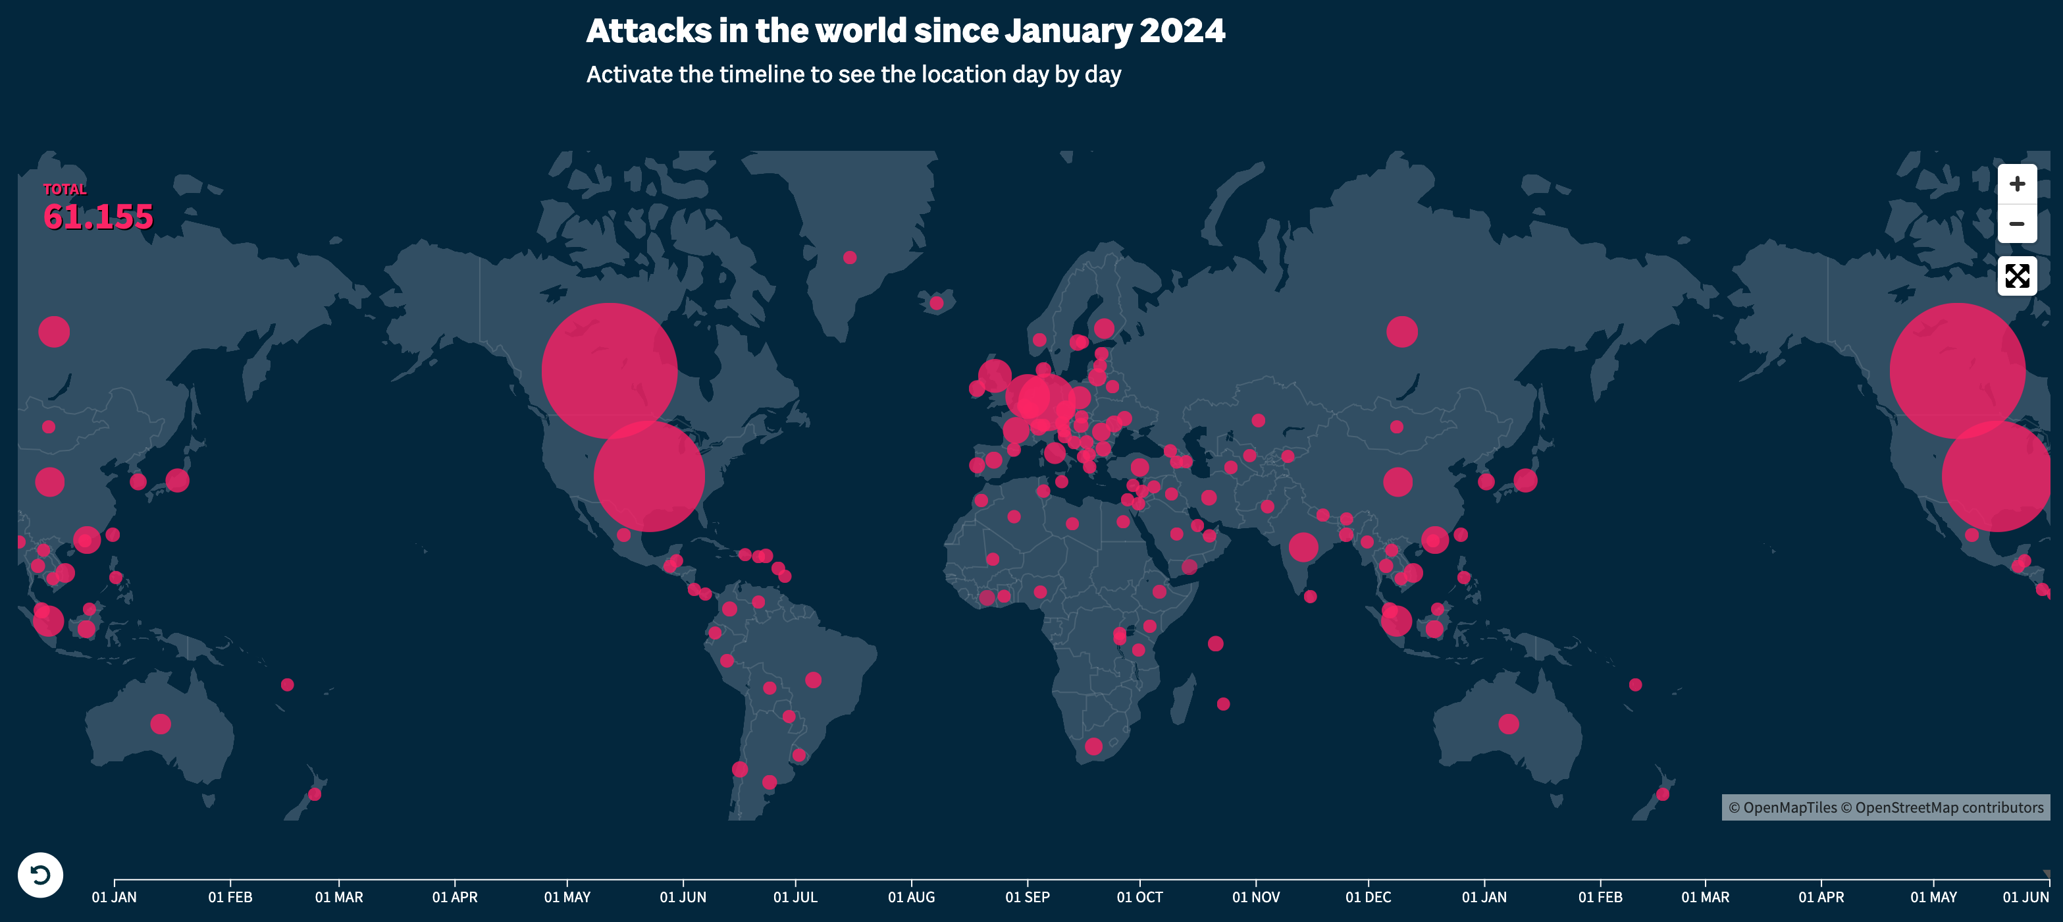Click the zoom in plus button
pyautogui.click(x=2016, y=184)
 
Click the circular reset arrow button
pyautogui.click(x=40, y=875)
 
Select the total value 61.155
pyautogui.click(x=97, y=217)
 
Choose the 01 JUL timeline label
pyautogui.click(x=795, y=897)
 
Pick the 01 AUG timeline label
pyautogui.click(x=910, y=897)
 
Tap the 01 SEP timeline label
pyautogui.click(x=1027, y=897)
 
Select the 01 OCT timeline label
pyautogui.click(x=1139, y=897)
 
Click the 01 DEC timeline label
pyautogui.click(x=1368, y=897)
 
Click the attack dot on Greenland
pyautogui.click(x=850, y=258)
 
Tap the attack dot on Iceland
pyautogui.click(x=936, y=303)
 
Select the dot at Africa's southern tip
pyautogui.click(x=1094, y=747)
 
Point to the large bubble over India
pyautogui.click(x=1303, y=547)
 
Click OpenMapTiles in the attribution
pyautogui.click(x=1790, y=807)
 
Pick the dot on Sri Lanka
pyautogui.click(x=1310, y=597)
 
